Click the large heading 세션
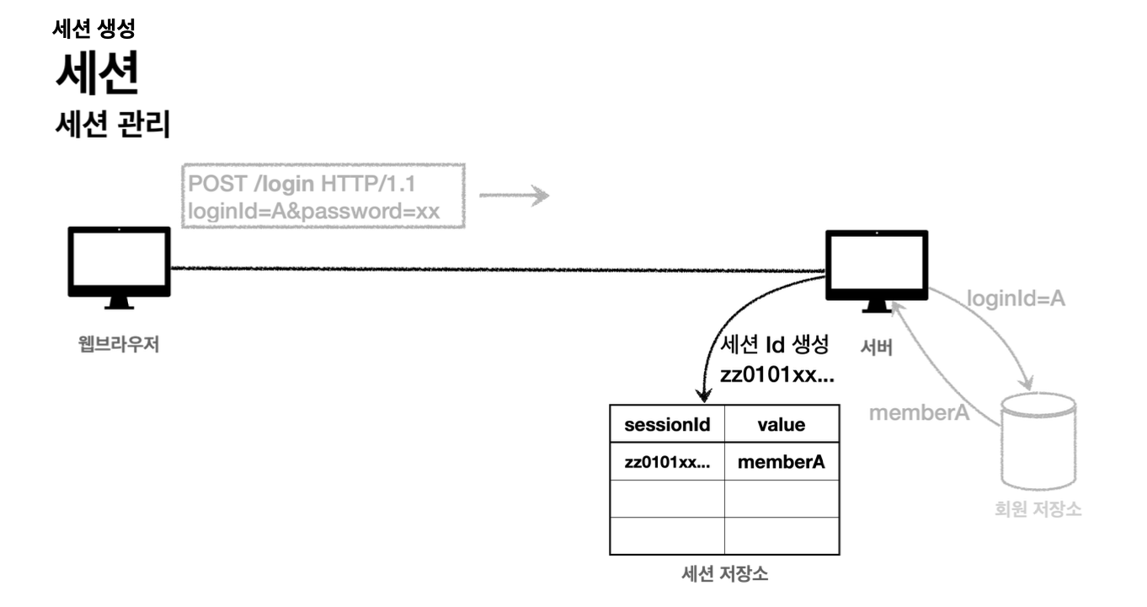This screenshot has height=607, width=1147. click(x=97, y=75)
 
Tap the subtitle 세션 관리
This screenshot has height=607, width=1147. click(x=112, y=126)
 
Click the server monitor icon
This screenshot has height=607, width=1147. click(x=876, y=267)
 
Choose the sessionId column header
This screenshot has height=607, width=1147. click(x=667, y=424)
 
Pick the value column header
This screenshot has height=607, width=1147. click(x=781, y=424)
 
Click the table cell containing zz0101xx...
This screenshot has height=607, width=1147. click(x=667, y=462)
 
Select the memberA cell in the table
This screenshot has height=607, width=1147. click(x=781, y=462)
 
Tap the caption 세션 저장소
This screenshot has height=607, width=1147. click(x=724, y=575)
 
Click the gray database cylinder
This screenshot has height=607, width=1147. click(x=1038, y=443)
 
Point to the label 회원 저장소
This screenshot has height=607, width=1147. click(x=1038, y=509)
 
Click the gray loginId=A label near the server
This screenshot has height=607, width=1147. click(x=1015, y=298)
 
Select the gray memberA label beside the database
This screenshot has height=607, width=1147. click(x=919, y=413)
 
